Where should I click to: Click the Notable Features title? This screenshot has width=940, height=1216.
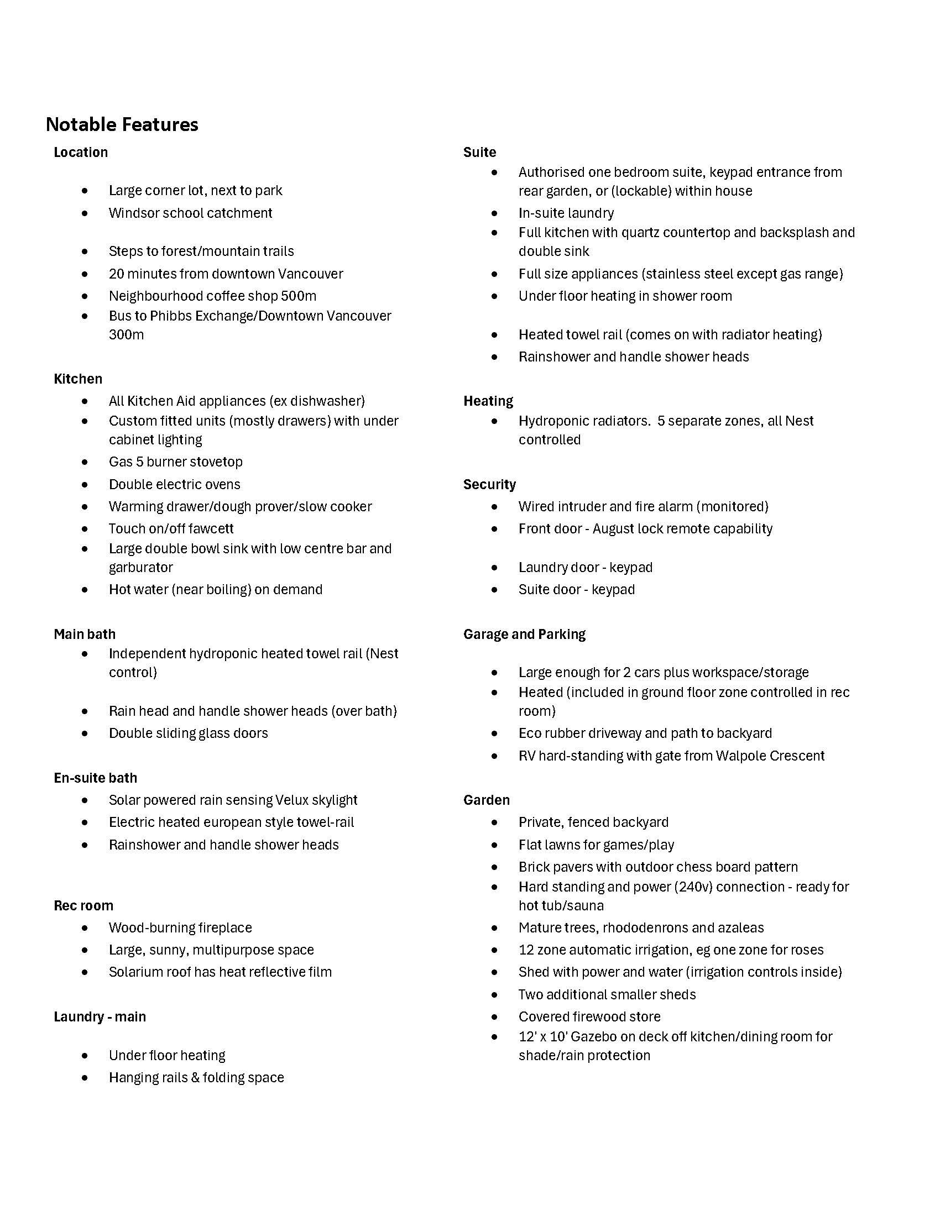122,124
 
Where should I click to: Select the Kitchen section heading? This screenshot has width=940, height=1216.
78,379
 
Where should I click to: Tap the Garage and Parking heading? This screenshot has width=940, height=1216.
524,634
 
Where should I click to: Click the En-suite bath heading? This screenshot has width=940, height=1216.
95,778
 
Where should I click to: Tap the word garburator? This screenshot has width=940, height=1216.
141,567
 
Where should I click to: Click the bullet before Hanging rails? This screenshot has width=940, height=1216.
85,1078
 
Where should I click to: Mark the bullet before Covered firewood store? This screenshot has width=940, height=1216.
494,1016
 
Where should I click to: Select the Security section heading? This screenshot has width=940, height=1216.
489,484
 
